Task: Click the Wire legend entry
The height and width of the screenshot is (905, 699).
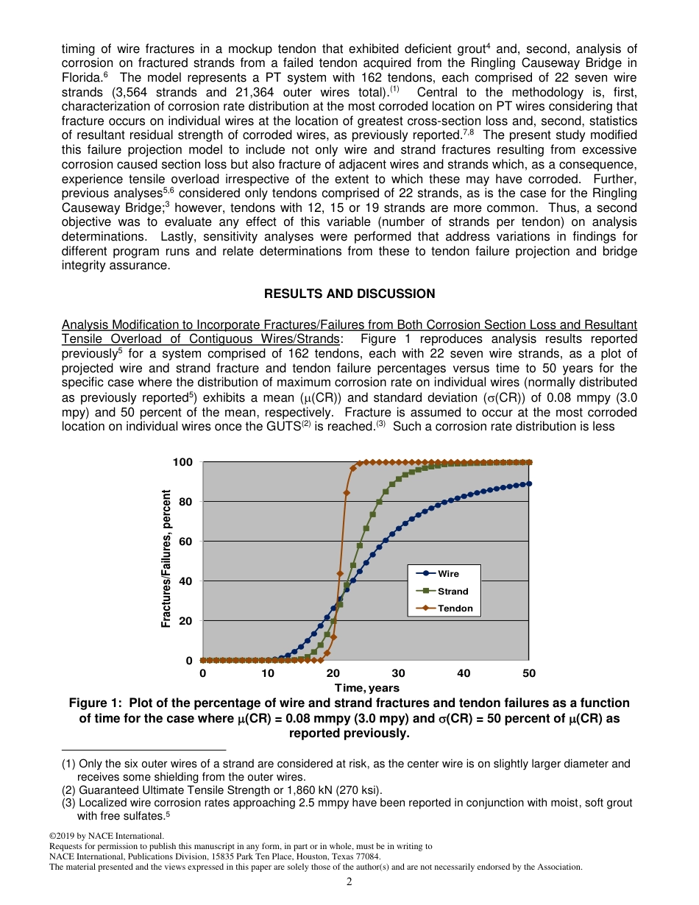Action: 444,574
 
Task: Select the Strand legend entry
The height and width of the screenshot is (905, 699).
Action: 444,592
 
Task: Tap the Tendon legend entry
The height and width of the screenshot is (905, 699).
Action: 444,608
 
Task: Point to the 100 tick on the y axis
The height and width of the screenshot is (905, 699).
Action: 182,462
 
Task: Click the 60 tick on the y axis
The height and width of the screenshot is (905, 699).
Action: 185,542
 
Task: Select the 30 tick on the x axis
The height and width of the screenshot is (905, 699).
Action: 398,673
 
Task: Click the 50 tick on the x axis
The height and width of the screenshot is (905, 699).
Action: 529,673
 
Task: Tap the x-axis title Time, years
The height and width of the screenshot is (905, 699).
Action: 366,688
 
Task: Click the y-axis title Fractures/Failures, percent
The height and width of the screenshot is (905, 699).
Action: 166,559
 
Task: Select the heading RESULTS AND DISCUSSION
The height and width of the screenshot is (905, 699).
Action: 349,294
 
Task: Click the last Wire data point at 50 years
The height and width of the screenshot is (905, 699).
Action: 529,483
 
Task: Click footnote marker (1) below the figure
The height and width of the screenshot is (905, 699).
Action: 68,764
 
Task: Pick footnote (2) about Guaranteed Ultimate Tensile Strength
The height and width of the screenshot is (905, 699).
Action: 221,790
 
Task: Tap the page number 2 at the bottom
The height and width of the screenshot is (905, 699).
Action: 349,881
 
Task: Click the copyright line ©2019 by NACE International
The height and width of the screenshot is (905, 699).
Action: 106,836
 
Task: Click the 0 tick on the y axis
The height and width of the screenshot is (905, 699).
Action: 189,661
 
